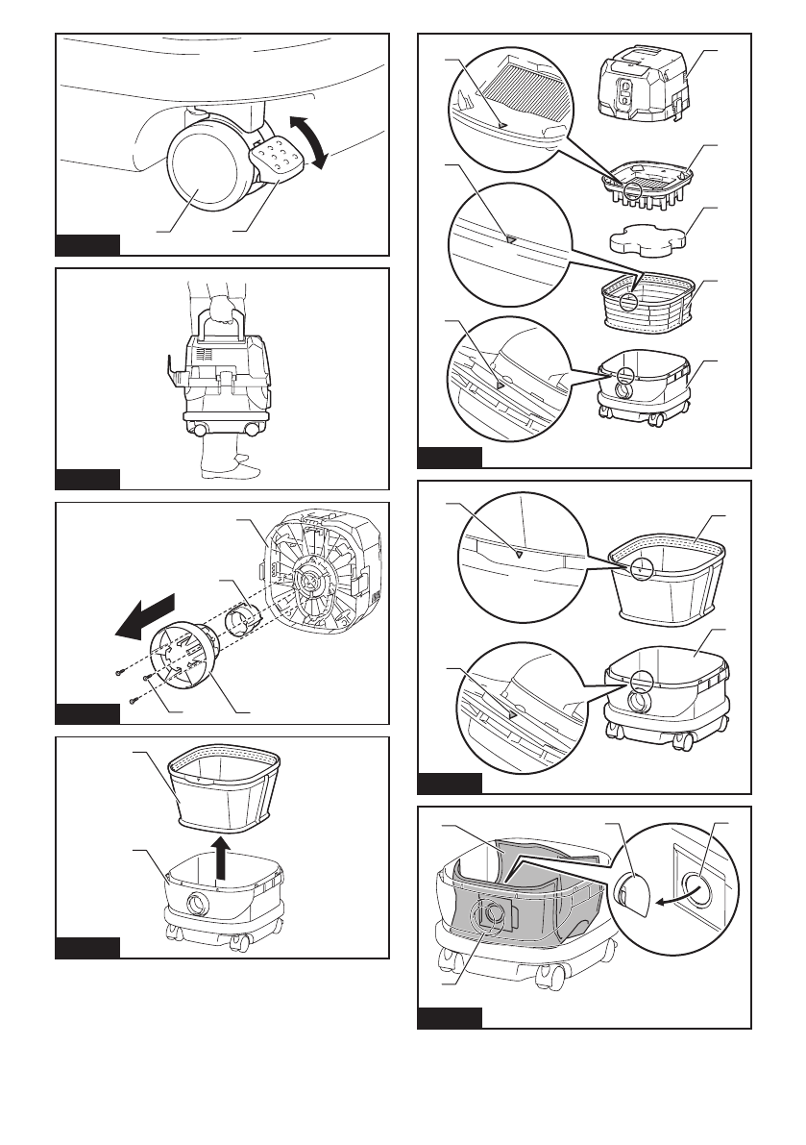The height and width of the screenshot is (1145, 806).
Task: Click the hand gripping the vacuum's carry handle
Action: pyautogui.click(x=224, y=309)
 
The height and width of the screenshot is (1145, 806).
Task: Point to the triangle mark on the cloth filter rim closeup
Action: pyautogui.click(x=520, y=554)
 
